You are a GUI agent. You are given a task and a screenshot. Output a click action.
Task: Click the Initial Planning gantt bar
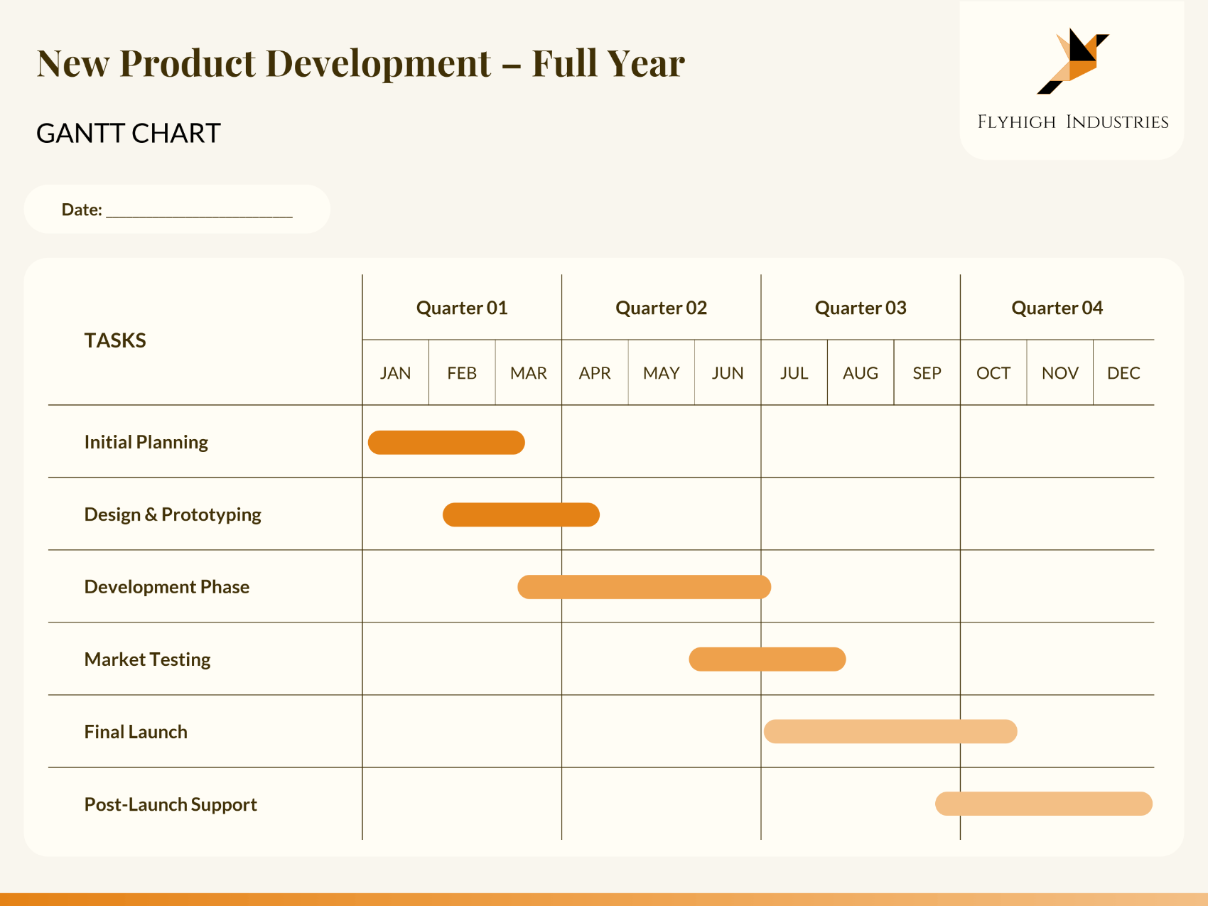[446, 442]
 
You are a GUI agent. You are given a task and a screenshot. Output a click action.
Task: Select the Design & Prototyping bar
[521, 514]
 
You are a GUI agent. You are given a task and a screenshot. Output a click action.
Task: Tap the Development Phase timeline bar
[644, 587]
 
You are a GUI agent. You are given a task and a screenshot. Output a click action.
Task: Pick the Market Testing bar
[767, 659]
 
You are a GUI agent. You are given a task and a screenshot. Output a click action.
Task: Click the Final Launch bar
[890, 731]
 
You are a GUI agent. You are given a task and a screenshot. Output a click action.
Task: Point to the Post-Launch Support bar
[1043, 804]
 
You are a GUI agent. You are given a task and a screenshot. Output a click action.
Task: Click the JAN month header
[395, 373]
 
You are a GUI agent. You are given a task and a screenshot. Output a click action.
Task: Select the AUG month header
[860, 373]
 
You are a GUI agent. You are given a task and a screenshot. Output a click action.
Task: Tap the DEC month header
[1123, 373]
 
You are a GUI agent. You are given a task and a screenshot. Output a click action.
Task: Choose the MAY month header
[661, 373]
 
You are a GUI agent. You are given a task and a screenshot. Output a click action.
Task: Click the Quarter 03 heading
[860, 308]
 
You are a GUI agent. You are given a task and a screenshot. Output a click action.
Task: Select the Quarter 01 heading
[462, 308]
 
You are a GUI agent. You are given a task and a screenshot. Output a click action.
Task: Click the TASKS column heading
[115, 340]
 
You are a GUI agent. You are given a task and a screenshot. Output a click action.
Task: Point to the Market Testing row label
[147, 659]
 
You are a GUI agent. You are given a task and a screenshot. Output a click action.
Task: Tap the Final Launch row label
[136, 732]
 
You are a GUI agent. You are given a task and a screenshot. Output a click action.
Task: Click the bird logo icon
[1073, 61]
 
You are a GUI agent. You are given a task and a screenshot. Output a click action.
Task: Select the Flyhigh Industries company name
[1072, 122]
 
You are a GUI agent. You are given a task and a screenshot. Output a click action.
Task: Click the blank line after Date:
[199, 210]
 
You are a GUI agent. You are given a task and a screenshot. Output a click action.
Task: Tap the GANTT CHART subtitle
[129, 134]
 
